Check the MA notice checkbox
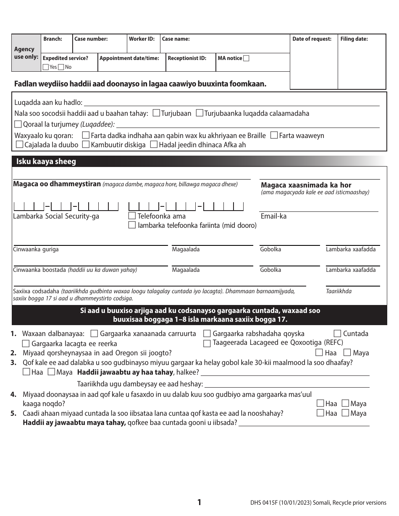[x=246, y=58]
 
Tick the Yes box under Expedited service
[x=45, y=67]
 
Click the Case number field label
[x=91, y=39]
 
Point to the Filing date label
[x=354, y=39]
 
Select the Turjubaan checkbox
[x=156, y=113]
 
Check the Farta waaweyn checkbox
[x=274, y=135]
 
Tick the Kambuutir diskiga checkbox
[x=86, y=145]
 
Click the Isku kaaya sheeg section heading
[x=46, y=162]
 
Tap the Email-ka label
[x=273, y=216]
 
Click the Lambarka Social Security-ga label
[x=56, y=216]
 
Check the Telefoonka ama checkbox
[x=132, y=216]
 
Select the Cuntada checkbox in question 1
[x=337, y=334]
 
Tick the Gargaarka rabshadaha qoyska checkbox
[x=207, y=334]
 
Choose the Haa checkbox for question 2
[x=319, y=353]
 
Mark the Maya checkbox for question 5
[x=345, y=413]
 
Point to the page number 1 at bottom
[x=199, y=502]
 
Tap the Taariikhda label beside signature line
[x=339, y=291]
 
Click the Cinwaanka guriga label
[x=36, y=249]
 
